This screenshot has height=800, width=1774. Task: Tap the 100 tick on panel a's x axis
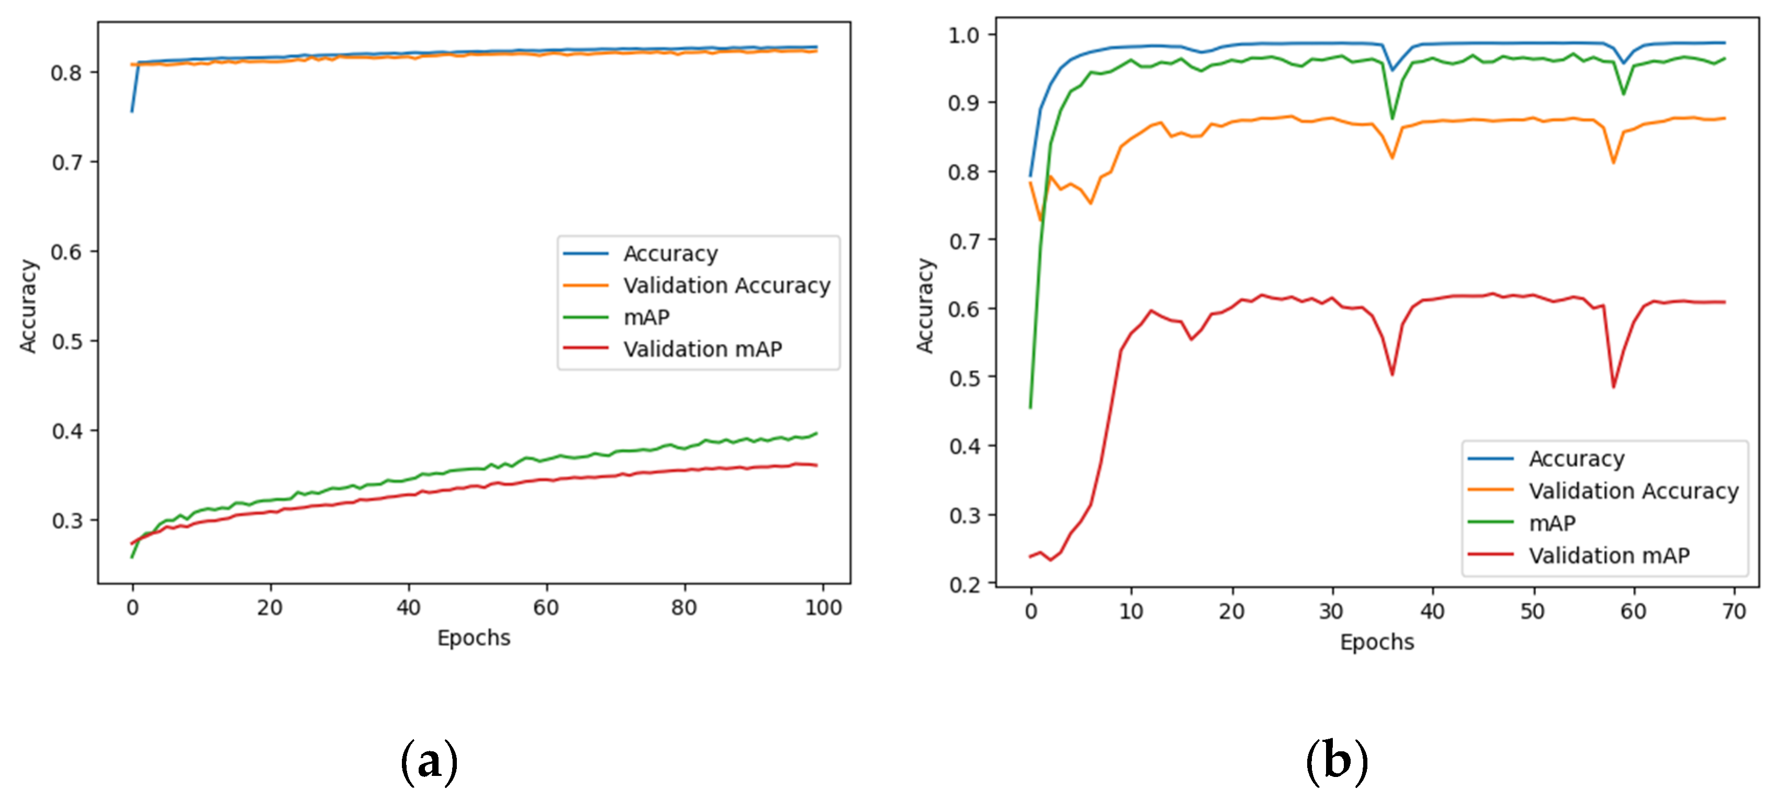point(823,608)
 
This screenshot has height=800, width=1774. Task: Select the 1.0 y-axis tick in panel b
point(963,35)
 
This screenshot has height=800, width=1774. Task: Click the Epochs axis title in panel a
point(474,638)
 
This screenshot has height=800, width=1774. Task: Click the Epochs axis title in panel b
point(1377,642)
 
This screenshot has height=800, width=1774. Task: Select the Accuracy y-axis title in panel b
point(925,306)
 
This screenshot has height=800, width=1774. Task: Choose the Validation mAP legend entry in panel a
point(702,349)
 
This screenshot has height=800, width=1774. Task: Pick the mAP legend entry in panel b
point(1552,523)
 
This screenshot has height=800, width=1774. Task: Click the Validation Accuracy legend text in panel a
point(726,285)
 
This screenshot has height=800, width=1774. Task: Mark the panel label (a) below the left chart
point(429,762)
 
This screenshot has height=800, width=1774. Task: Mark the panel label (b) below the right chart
point(1337,762)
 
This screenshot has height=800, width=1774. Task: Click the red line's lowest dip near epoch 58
point(1613,386)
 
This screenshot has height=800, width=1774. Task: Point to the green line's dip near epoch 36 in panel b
point(1392,118)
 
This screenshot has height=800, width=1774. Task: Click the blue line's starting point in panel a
point(132,111)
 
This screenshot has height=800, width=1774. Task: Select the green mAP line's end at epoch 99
point(816,434)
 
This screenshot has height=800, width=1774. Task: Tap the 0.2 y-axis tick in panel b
point(963,584)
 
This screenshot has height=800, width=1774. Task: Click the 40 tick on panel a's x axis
point(408,608)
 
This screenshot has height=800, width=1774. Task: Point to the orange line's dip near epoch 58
point(1613,163)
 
